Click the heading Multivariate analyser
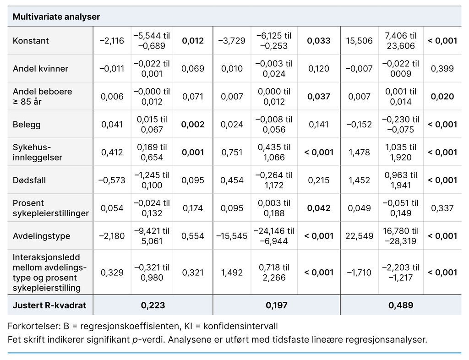(x=56, y=17)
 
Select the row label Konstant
(x=31, y=41)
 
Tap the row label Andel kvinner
(x=40, y=69)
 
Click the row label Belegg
(x=27, y=125)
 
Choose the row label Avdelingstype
(x=42, y=236)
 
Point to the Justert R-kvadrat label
(x=49, y=305)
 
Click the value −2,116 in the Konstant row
(x=111, y=41)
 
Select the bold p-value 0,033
(x=319, y=41)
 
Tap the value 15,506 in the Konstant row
(x=359, y=41)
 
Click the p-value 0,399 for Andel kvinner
(x=442, y=69)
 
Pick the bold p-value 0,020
(x=442, y=97)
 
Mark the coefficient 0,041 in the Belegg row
(x=112, y=125)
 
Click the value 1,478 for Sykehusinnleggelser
(x=359, y=153)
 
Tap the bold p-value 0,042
(x=319, y=208)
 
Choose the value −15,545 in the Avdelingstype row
(x=231, y=236)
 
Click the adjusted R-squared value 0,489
(x=400, y=305)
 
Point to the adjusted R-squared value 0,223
(x=153, y=305)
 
